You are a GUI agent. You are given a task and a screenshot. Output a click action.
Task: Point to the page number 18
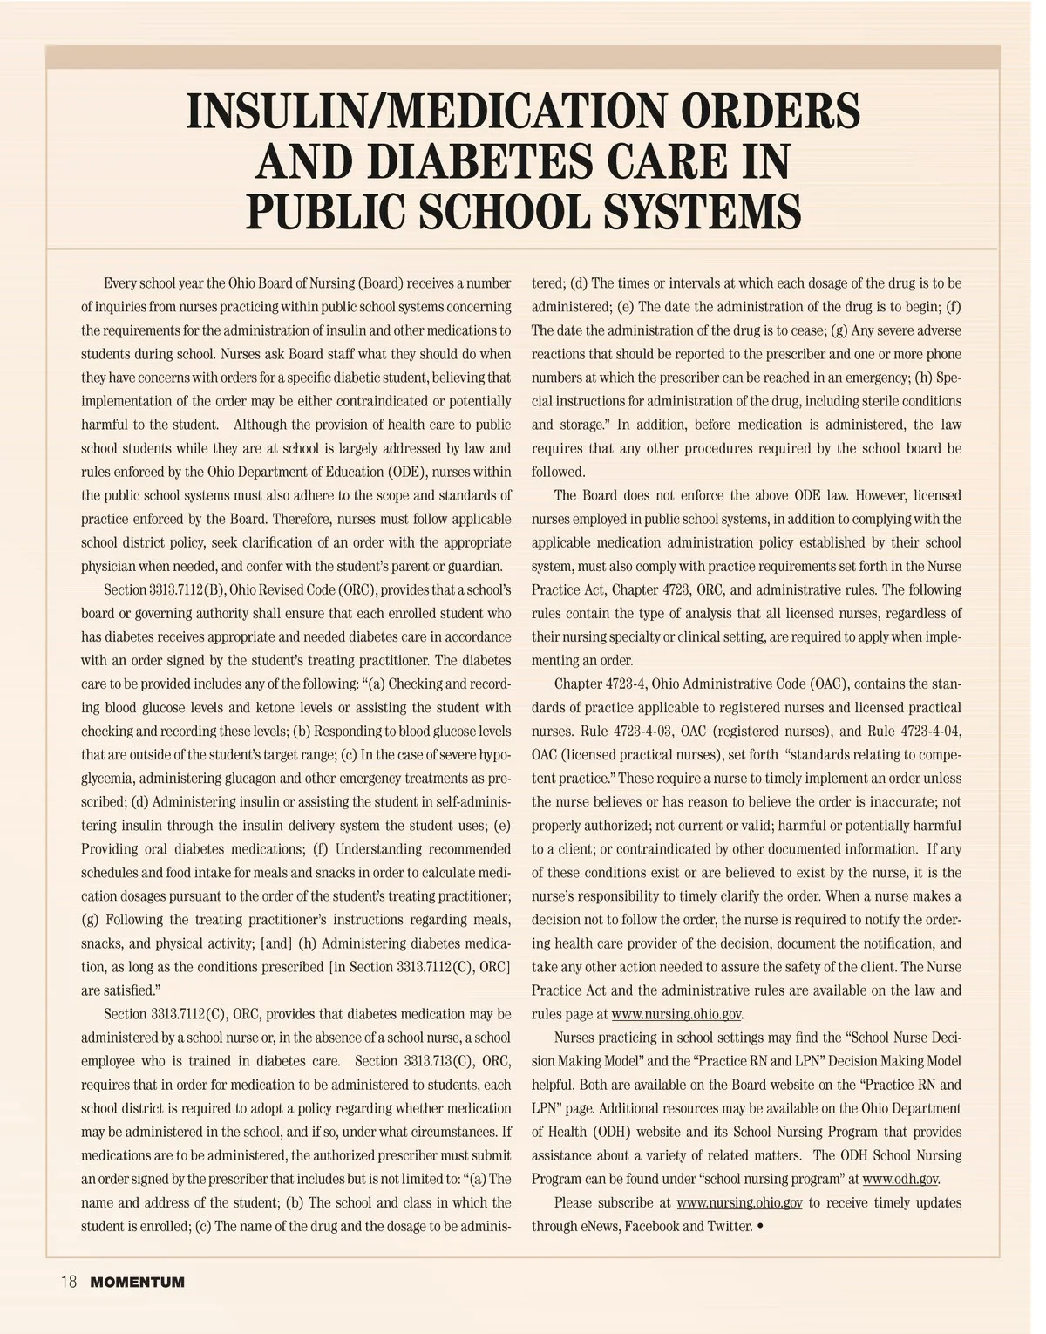click(x=69, y=1282)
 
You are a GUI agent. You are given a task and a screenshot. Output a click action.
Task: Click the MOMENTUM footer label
click(x=137, y=1283)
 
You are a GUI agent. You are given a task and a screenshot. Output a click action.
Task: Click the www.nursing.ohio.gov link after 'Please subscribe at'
click(x=738, y=1203)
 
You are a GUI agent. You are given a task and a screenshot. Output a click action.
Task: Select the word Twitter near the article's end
click(x=729, y=1227)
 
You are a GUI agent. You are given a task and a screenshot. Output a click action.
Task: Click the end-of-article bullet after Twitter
click(x=762, y=1226)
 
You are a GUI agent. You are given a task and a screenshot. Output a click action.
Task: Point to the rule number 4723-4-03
click(x=620, y=732)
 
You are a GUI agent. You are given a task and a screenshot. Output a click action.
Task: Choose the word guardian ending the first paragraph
click(x=474, y=567)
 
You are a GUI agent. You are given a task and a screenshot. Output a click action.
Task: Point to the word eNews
click(x=599, y=1227)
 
